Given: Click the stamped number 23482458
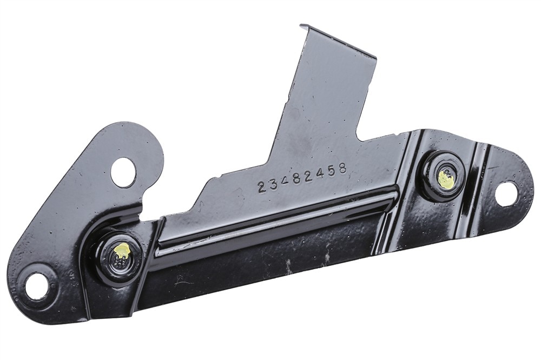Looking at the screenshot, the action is pyautogui.click(x=302, y=178).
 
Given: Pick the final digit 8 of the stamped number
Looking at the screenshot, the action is pyautogui.click(x=341, y=169).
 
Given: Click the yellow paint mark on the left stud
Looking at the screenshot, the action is pyautogui.click(x=122, y=249).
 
